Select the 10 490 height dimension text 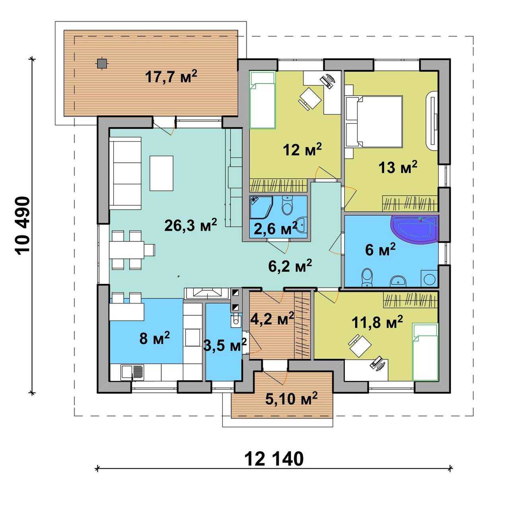[22, 225]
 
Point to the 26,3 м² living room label [190, 225]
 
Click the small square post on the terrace [101, 63]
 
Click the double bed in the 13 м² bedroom [379, 121]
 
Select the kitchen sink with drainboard [132, 372]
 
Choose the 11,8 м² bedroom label [377, 322]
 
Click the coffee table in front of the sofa [161, 173]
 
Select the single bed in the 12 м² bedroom [263, 100]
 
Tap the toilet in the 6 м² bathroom [367, 277]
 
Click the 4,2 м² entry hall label [272, 319]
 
